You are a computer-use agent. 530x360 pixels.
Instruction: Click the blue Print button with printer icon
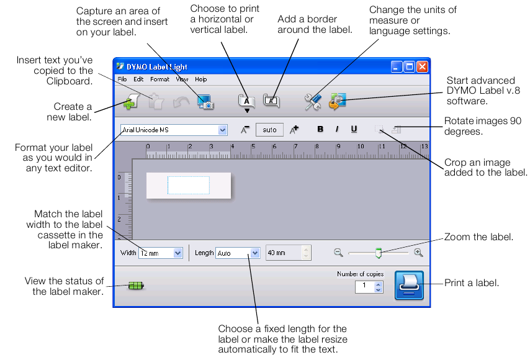coord(409,286)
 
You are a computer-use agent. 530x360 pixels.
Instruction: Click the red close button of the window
coord(422,66)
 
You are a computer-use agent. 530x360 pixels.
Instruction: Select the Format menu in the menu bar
coord(159,79)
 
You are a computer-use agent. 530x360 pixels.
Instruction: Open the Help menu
coord(201,79)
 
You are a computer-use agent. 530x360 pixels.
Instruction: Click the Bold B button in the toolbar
coord(321,129)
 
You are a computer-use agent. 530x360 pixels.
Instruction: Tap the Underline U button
coord(354,129)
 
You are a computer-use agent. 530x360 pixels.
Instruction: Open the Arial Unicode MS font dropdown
coord(174,130)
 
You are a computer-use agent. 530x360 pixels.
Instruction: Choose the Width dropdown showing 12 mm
coord(160,253)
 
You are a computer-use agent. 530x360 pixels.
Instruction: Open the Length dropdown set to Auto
coord(238,253)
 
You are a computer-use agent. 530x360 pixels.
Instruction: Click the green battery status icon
coord(136,286)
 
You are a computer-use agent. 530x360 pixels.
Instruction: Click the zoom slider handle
coord(378,253)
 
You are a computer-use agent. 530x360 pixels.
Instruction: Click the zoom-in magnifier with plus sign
coord(419,253)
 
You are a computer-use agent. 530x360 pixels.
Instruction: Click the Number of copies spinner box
coord(369,286)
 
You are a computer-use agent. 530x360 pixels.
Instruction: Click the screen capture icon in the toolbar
coord(205,101)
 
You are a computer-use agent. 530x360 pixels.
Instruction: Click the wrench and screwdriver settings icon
coord(312,102)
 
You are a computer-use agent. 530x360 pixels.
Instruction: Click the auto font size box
coord(269,130)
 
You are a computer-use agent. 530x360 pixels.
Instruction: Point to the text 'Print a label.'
coord(472,283)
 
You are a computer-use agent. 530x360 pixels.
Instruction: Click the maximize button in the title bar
coord(409,66)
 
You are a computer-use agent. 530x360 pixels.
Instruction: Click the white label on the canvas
coord(188,186)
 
